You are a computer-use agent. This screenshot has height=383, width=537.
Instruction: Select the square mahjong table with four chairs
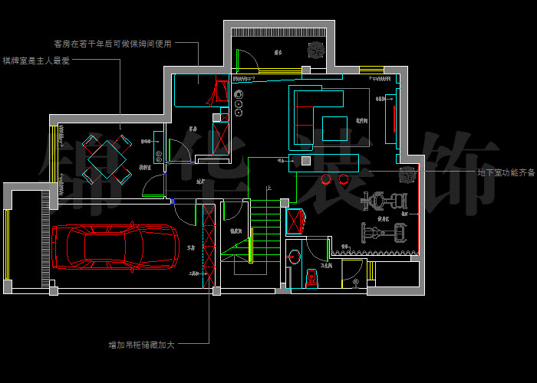(107, 159)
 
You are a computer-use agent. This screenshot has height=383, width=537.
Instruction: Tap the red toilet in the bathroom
(311, 277)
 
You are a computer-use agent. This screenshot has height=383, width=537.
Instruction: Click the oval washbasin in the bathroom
(293, 255)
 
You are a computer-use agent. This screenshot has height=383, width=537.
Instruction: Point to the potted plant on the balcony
(315, 51)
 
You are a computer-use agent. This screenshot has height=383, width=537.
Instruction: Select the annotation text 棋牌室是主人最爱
(37, 60)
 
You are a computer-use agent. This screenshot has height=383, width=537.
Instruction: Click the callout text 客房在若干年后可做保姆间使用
(112, 44)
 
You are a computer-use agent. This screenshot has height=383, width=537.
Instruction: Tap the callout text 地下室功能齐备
(506, 173)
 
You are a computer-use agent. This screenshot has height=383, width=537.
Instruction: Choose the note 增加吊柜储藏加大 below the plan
(141, 345)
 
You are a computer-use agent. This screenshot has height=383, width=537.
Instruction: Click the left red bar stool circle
(326, 180)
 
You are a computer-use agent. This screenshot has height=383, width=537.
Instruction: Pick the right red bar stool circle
(343, 180)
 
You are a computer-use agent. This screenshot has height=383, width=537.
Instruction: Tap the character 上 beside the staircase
(268, 188)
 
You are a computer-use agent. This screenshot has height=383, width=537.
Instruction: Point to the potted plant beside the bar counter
(407, 175)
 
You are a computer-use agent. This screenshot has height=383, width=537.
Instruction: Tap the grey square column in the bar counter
(305, 161)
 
